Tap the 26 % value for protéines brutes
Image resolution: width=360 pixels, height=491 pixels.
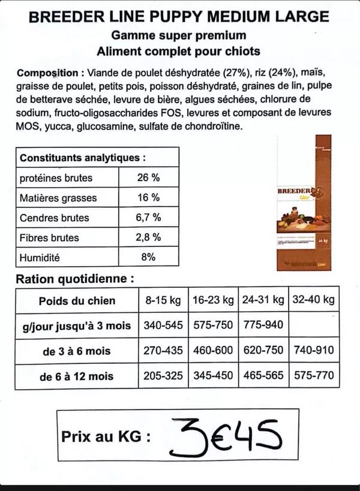tap(148, 178)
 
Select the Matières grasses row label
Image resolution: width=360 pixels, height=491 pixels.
tap(58, 198)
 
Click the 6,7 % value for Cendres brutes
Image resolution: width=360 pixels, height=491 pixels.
tap(148, 218)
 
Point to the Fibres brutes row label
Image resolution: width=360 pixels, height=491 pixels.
tap(49, 237)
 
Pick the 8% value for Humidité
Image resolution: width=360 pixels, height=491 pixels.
tap(148, 257)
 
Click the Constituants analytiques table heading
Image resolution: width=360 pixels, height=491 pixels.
tap(83, 158)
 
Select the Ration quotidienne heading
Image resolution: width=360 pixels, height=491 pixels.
tap(74, 279)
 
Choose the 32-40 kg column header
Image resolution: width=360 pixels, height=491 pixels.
tap(313, 300)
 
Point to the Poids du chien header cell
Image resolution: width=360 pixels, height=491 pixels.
tap(77, 300)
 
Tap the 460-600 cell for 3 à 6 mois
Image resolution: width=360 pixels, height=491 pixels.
tap(213, 351)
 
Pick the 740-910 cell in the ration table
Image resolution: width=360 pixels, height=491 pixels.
tap(313, 351)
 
